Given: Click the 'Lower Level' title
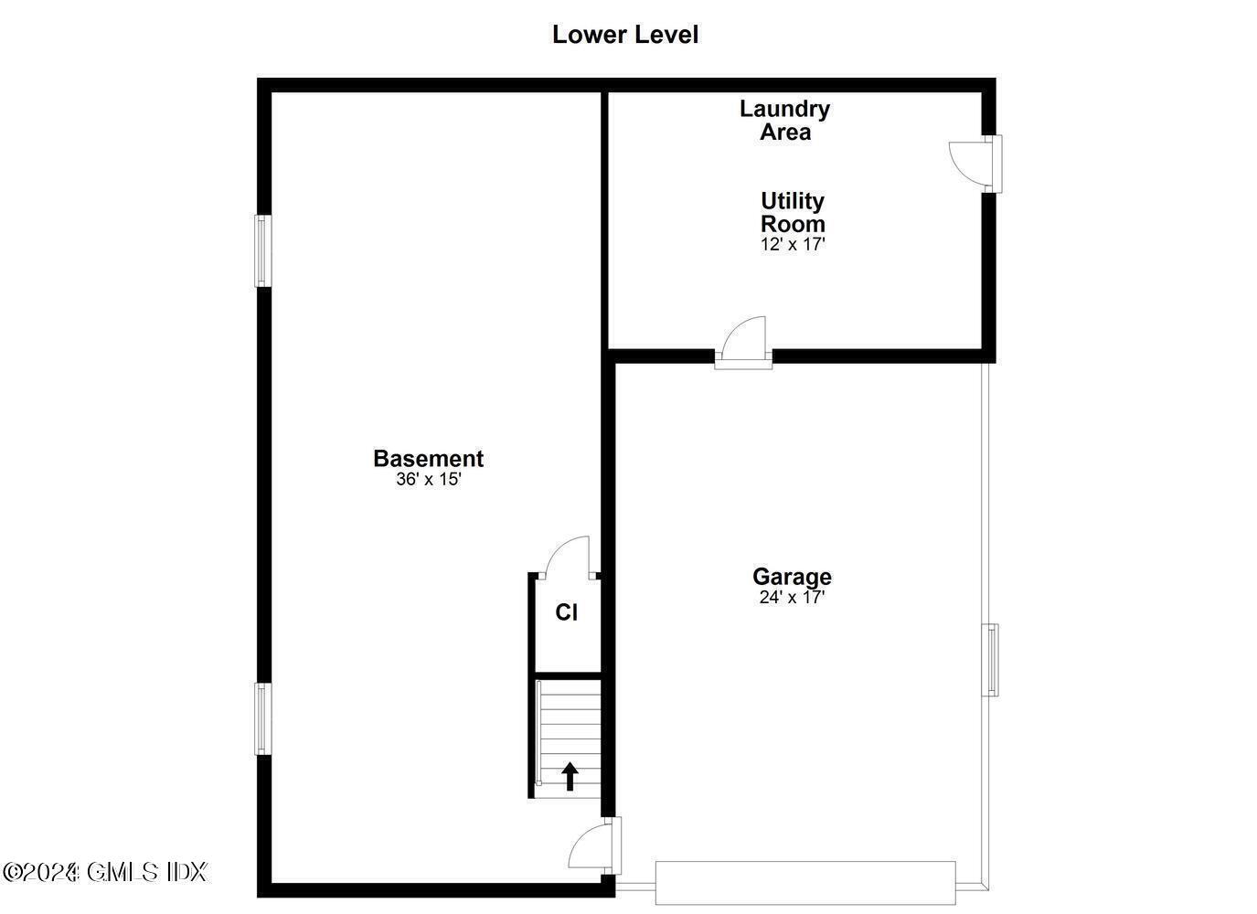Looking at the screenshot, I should pos(625,35).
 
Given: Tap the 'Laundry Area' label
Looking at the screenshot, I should pos(784,120).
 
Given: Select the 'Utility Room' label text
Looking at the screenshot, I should pos(793,212).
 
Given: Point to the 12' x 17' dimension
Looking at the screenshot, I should pos(793,244).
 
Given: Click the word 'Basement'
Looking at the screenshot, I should pos(428,458).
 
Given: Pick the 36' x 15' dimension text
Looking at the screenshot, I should pos(428,479).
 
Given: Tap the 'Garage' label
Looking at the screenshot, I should pos(792,577).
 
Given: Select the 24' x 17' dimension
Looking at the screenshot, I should pos(792,598).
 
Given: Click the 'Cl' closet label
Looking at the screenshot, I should pos(567,612).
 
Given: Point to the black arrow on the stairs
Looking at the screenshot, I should pos(570,776).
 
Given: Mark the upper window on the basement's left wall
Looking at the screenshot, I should pos(262,250).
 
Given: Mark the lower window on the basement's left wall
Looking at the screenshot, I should pos(262,718).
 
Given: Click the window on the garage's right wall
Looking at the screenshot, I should pos(990,659).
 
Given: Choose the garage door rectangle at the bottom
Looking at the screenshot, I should pos(805,883).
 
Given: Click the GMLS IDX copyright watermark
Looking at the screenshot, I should pos(105,872).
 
